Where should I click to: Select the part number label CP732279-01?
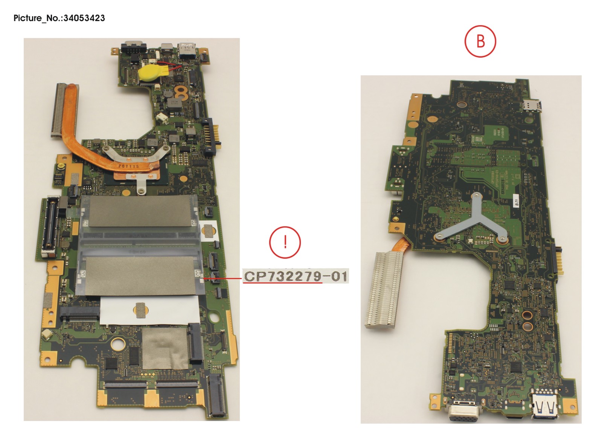296,276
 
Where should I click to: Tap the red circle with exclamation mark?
285,242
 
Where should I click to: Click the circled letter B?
480,41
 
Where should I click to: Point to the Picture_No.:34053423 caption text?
59,18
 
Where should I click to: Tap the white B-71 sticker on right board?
517,202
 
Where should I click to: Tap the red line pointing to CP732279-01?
222,279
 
